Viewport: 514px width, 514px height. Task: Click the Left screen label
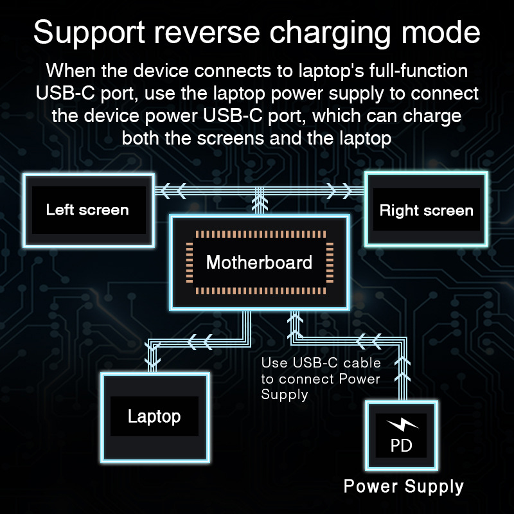point(87,210)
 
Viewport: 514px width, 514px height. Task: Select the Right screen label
point(426,211)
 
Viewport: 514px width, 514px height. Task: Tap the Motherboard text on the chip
point(259,262)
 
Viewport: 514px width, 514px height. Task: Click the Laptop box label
point(154,416)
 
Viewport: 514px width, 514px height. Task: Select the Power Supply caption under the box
point(403,486)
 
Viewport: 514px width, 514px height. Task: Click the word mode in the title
point(447,33)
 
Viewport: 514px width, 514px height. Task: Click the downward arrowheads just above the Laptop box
point(152,357)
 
